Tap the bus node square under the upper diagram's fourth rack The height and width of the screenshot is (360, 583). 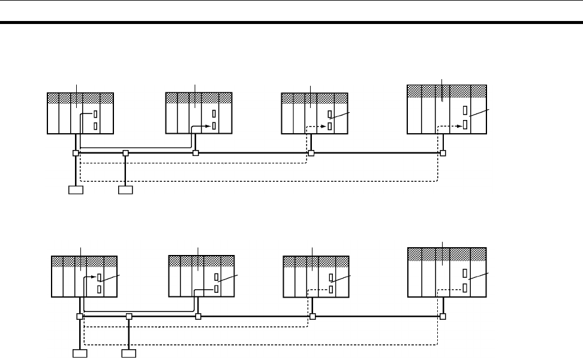point(443,153)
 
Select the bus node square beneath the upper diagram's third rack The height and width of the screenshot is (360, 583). point(311,153)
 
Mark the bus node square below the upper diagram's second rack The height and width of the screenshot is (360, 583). point(196,153)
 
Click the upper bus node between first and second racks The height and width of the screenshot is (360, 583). point(125,153)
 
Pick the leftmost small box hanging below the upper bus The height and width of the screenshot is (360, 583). point(76,191)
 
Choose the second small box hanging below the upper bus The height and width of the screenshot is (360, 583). point(125,191)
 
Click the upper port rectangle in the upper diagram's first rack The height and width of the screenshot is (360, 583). point(96,115)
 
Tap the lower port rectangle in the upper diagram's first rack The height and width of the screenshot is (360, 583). point(96,126)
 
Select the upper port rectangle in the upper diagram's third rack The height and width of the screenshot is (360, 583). point(330,115)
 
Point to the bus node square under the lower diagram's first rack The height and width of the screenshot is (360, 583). point(79,316)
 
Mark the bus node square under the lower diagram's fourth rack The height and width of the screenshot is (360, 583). point(443,316)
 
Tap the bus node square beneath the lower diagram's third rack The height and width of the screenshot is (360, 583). point(312,316)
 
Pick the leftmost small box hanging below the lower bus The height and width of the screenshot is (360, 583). point(80,353)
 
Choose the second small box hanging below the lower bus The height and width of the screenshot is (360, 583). point(129,353)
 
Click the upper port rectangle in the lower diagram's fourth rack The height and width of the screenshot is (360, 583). point(465,273)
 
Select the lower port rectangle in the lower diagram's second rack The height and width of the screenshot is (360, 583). point(216,289)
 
